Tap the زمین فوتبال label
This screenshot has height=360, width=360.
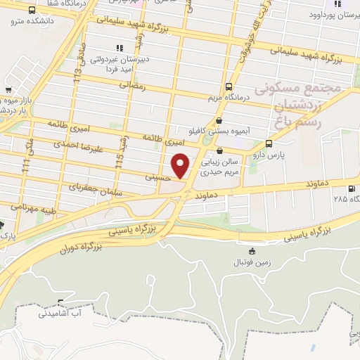[252, 262]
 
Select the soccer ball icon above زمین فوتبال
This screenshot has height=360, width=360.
[252, 251]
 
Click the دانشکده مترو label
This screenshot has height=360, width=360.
[27, 20]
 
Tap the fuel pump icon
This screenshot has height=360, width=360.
[351, 188]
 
